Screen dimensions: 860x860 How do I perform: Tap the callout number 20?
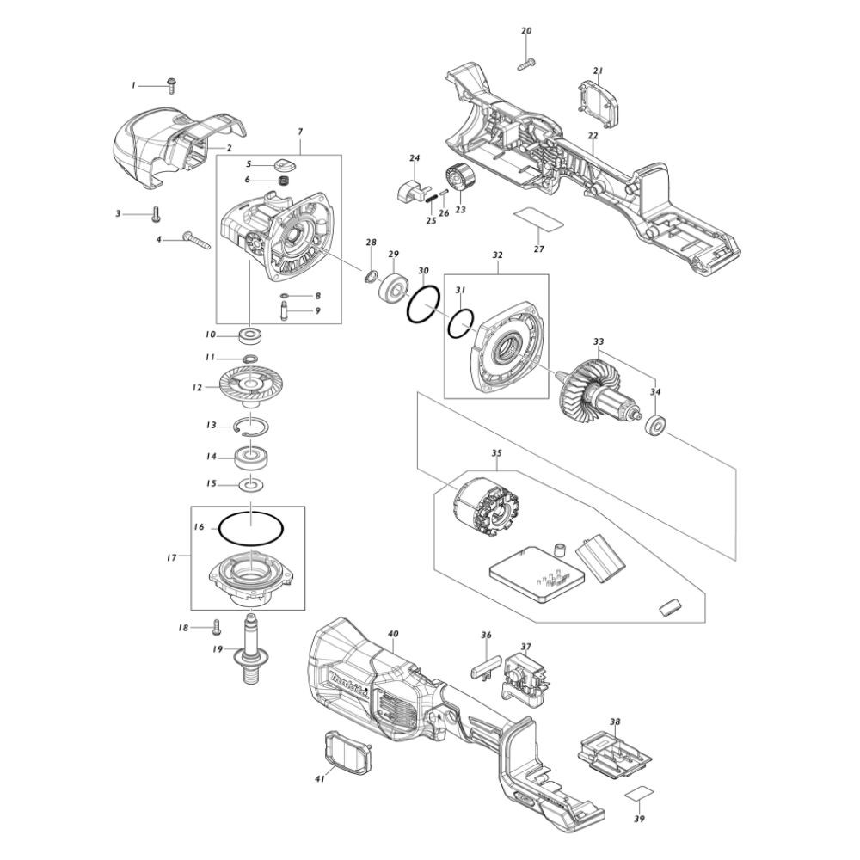click(526, 31)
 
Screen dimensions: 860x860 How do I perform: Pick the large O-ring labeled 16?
click(251, 528)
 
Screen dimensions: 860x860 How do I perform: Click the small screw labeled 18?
click(217, 628)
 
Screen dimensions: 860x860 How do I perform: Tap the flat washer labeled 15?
click(251, 485)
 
